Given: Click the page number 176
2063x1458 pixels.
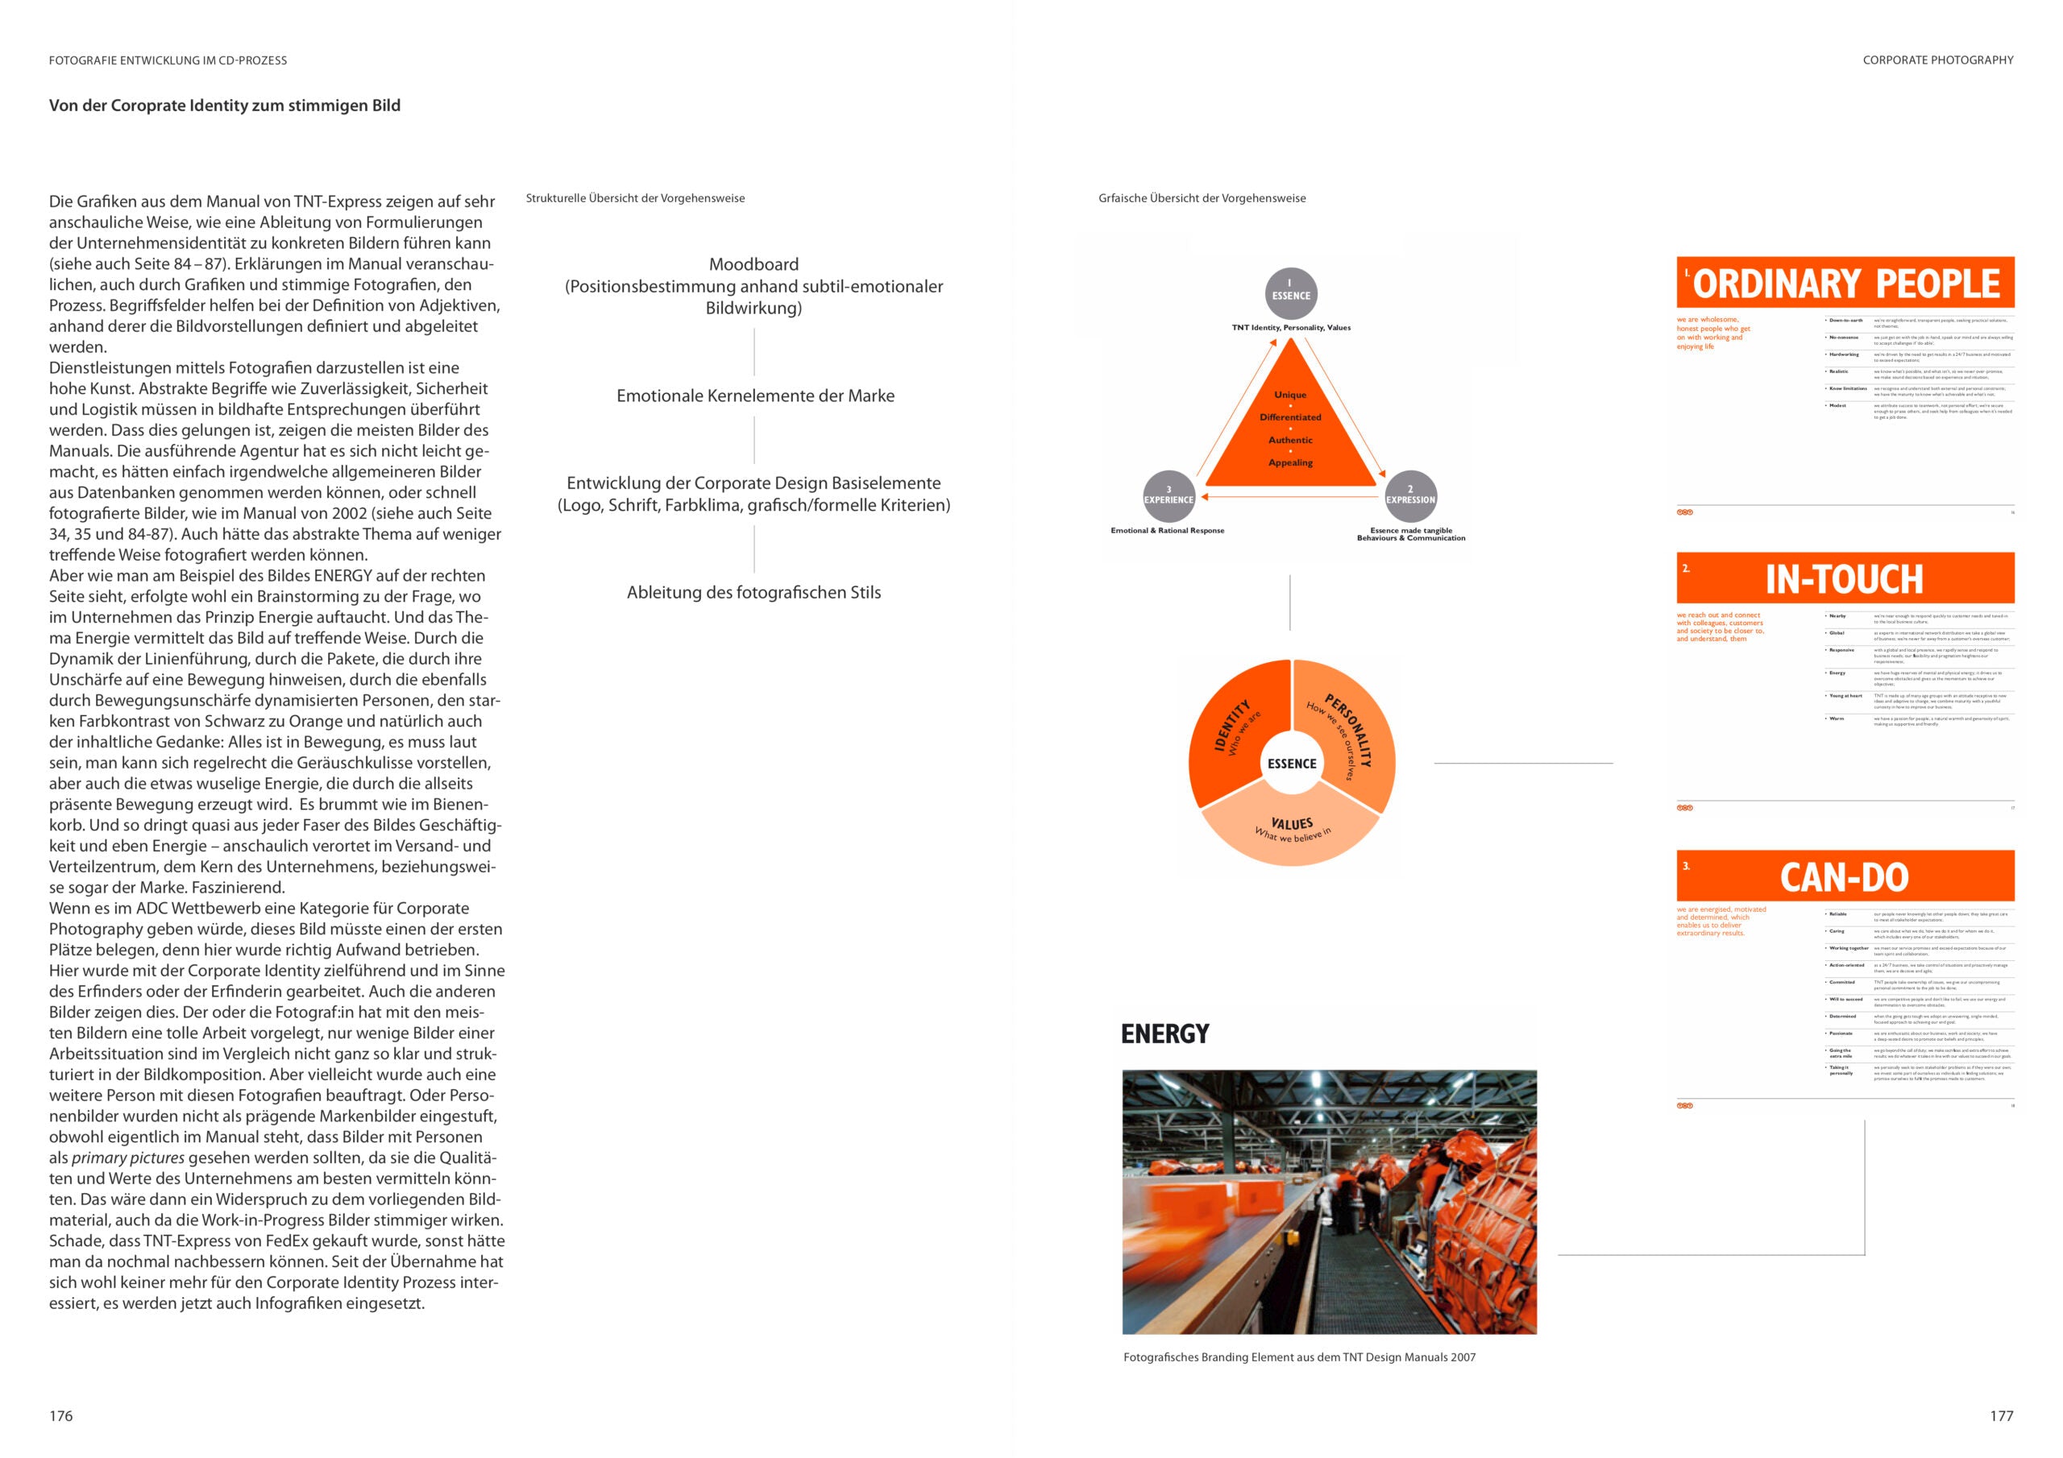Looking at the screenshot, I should (61, 1416).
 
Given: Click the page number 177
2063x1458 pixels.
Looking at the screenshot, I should (2001, 1416).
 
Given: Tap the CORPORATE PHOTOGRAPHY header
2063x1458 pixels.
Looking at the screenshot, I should (1937, 60).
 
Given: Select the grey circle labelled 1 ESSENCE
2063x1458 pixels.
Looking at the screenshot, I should (1291, 293).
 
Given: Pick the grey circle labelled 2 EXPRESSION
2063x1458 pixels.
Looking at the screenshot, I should (1409, 496).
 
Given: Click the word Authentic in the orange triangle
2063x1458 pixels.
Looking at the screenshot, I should (1290, 440).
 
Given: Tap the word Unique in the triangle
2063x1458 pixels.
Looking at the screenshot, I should (1290, 395).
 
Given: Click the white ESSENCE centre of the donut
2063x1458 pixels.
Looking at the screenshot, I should (1291, 764).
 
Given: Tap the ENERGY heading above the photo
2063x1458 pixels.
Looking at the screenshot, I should (1164, 1034).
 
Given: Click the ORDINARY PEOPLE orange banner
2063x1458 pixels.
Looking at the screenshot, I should (1845, 283).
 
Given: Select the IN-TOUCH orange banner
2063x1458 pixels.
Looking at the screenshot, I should (1845, 578).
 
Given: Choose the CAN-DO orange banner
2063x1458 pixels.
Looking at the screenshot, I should (1845, 876).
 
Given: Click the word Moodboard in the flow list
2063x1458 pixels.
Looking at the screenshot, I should (753, 264).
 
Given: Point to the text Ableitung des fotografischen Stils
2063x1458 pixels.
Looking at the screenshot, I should (753, 592).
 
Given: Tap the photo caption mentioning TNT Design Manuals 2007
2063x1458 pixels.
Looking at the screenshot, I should (1299, 1357).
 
